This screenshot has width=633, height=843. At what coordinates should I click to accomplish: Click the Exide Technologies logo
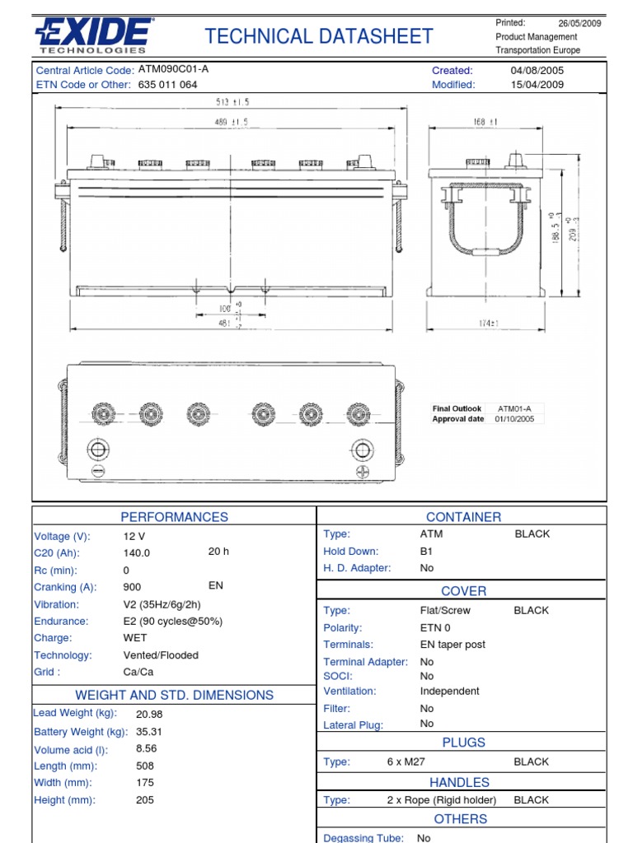92,36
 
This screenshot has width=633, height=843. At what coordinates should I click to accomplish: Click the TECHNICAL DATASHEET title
319,36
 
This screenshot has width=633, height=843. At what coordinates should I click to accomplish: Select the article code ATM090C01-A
173,69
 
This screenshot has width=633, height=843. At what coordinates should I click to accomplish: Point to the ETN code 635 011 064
167,84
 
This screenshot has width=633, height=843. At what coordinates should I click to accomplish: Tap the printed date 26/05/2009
579,23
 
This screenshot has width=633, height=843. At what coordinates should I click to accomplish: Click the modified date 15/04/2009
537,84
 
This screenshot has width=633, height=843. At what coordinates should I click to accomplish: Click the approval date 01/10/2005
514,419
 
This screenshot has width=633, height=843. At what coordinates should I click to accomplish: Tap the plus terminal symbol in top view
362,471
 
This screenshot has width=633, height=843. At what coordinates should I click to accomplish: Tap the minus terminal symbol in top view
98,471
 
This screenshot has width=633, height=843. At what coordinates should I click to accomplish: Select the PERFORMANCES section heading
174,517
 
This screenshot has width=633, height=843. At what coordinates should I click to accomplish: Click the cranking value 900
132,587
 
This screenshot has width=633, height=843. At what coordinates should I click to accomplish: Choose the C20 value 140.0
137,553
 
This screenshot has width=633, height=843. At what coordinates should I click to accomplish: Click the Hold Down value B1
427,552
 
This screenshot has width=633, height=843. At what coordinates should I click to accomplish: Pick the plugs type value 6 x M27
406,762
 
